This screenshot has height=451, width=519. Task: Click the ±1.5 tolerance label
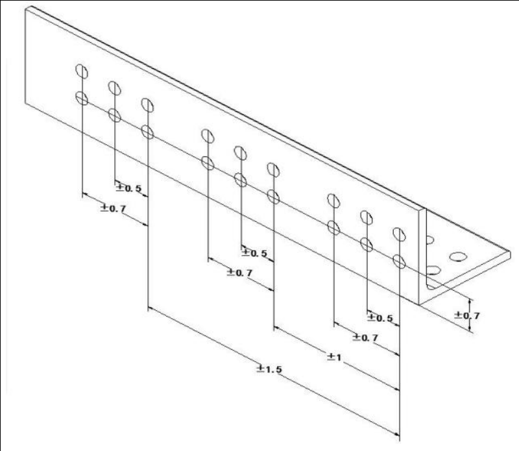[x=269, y=369]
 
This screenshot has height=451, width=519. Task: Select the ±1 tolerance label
[x=334, y=357]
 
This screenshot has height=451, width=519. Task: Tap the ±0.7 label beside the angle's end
[x=467, y=315]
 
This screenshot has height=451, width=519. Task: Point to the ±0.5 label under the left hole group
[x=128, y=188]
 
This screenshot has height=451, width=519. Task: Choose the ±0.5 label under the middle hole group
[x=254, y=253]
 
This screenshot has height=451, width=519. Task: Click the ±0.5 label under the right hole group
[x=380, y=318]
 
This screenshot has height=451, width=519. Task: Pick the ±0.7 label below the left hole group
[x=113, y=208]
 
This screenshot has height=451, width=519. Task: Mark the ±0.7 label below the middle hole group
[x=239, y=273]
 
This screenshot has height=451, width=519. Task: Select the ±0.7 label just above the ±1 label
[x=365, y=337]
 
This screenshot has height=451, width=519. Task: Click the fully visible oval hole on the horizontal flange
[x=459, y=256]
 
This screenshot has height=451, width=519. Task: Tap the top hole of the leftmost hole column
[x=82, y=71]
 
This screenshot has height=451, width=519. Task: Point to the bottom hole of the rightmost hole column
[x=399, y=262]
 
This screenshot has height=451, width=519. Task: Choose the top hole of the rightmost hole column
[x=399, y=234]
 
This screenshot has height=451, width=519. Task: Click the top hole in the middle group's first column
[x=208, y=136]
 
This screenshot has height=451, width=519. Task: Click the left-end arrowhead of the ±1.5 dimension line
[x=151, y=309]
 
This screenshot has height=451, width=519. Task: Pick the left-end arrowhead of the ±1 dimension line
[x=276, y=328]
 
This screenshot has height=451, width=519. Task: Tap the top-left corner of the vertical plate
[x=25, y=9]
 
